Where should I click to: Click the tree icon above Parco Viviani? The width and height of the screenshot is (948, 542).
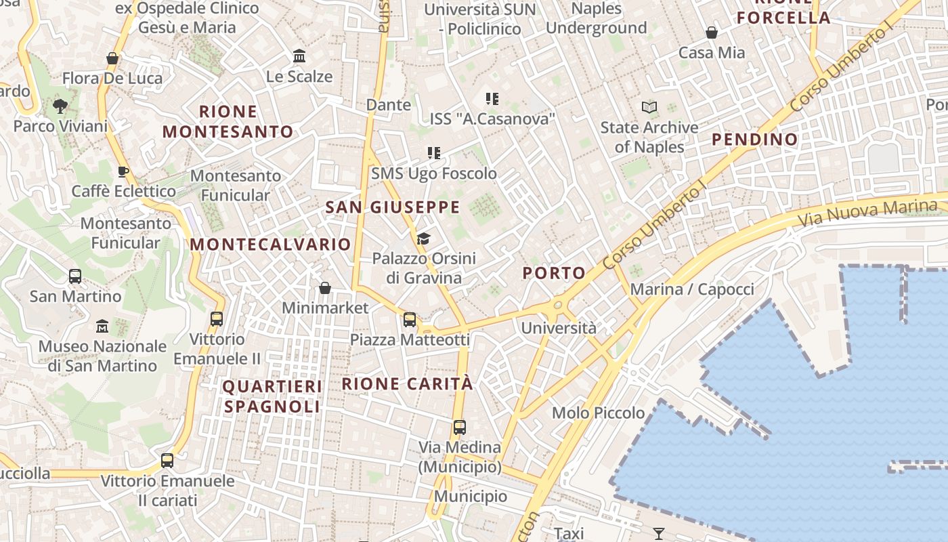[x=60, y=106]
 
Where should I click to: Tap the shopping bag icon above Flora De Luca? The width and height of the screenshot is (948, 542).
[x=112, y=58]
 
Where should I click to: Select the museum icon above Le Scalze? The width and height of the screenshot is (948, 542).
[x=299, y=56]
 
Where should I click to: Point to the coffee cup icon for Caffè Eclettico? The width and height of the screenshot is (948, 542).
[x=123, y=171]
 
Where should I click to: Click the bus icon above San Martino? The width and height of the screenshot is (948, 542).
[x=75, y=276]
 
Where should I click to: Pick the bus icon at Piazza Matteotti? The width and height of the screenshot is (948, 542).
[x=410, y=320]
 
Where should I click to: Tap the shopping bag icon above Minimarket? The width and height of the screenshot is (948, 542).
[x=325, y=288]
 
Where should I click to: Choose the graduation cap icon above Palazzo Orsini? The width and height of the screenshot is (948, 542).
[x=424, y=238]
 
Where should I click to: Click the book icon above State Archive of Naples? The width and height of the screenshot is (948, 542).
[x=649, y=107]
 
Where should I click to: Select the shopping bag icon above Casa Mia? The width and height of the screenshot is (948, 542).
[x=712, y=33]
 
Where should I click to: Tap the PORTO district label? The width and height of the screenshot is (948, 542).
[x=554, y=273]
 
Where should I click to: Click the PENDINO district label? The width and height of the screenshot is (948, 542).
[x=755, y=140]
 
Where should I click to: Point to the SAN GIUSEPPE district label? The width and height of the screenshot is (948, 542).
[x=393, y=207]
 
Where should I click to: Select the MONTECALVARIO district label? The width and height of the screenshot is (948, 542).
[x=271, y=245]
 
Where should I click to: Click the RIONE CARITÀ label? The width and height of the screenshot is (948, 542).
[x=408, y=383]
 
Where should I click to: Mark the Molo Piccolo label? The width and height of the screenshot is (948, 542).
[x=599, y=413]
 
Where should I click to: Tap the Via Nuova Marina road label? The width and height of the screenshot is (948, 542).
[x=871, y=211]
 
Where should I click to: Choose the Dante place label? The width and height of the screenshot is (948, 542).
[x=389, y=105]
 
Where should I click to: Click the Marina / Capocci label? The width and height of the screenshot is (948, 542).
[x=692, y=290]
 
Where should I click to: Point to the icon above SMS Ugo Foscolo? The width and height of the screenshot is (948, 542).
[x=434, y=153]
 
